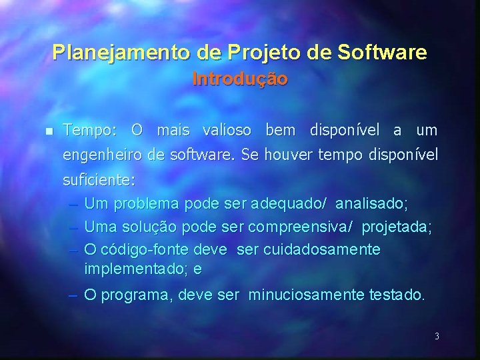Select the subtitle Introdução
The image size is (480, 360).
(240, 79)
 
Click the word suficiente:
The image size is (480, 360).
(98, 181)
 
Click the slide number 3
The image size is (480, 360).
(437, 337)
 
